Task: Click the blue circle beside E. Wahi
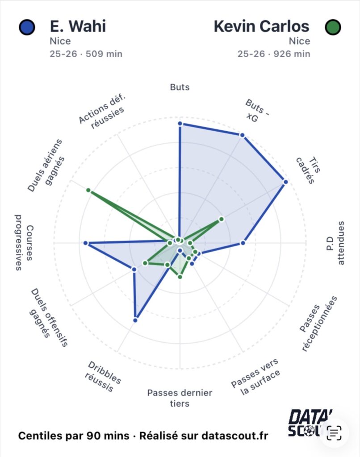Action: coord(27,27)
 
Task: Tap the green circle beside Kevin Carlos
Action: coord(332,27)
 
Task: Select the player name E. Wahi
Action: coord(78,26)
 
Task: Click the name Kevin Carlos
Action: coord(261,26)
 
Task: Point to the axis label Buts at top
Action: coord(180,87)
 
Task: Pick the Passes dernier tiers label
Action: coord(180,398)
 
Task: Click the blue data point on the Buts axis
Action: coord(180,123)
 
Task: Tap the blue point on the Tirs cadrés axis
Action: coord(285,182)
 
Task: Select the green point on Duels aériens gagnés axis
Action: coord(88,191)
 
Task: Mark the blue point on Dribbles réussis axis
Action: coord(135,320)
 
